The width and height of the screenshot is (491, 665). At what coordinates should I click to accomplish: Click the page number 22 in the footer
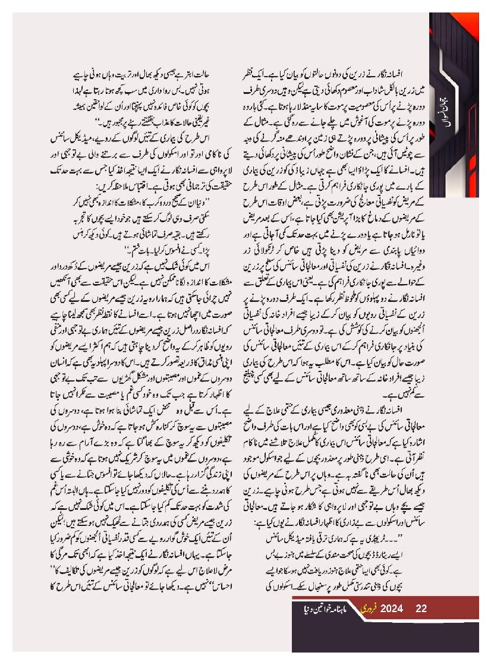point(421,609)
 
